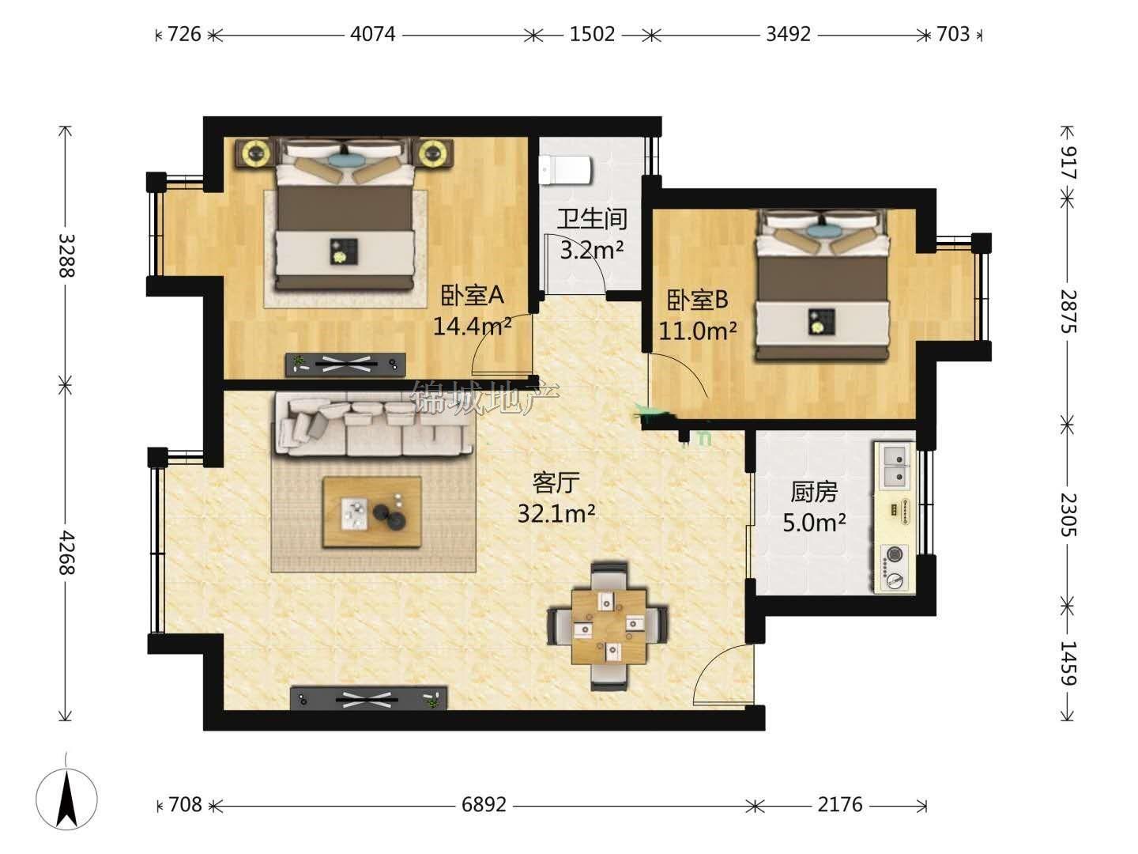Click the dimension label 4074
(372, 34)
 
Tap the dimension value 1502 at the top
(592, 34)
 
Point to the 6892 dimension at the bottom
(484, 805)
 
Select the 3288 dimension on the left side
(66, 255)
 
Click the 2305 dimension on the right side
(1068, 514)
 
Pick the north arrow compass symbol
(66, 799)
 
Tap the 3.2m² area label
(592, 251)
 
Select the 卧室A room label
(473, 296)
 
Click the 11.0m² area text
(697, 331)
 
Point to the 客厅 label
(556, 482)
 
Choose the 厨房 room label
(814, 492)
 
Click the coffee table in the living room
(371, 512)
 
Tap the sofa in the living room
(373, 424)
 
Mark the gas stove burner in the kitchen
(893, 554)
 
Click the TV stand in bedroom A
(345, 365)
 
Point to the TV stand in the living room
(368, 698)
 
